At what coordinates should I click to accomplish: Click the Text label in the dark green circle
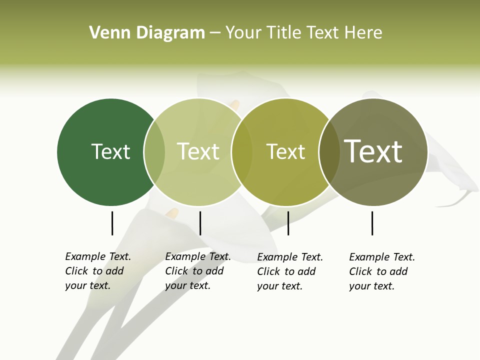pyautogui.click(x=110, y=151)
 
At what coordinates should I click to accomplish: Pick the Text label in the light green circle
pyautogui.click(x=198, y=151)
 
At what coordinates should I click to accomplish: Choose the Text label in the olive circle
pyautogui.click(x=285, y=151)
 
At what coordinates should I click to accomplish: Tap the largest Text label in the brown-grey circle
pyautogui.click(x=373, y=151)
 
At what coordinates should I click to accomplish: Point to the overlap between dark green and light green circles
pyautogui.click(x=154, y=152)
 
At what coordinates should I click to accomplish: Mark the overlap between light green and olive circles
pyautogui.click(x=242, y=152)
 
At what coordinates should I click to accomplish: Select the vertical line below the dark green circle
pyautogui.click(x=112, y=223)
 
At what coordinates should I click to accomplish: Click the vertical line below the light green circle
pyautogui.click(x=200, y=223)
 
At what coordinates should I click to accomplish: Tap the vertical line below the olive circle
pyautogui.click(x=288, y=223)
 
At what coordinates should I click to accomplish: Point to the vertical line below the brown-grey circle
pyautogui.click(x=372, y=223)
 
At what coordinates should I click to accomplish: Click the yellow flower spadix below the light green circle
pyautogui.click(x=172, y=213)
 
